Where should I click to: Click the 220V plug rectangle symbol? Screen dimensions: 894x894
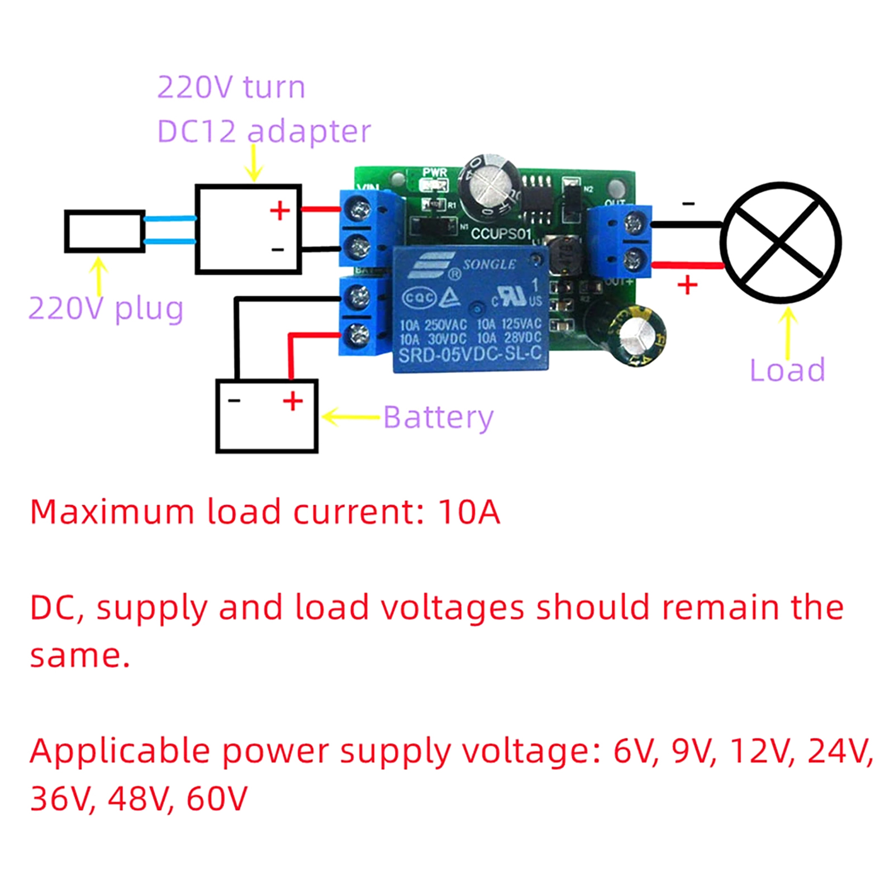pyautogui.click(x=104, y=231)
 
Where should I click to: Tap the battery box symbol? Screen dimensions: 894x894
pyautogui.click(x=267, y=416)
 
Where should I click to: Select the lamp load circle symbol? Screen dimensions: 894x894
pyautogui.click(x=781, y=242)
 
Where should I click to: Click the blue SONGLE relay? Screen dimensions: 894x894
pyautogui.click(x=470, y=308)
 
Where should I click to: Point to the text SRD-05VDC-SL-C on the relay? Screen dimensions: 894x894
pyautogui.click(x=470, y=354)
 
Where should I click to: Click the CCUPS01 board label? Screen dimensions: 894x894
pyautogui.click(x=500, y=234)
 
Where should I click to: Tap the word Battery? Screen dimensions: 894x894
pyautogui.click(x=438, y=417)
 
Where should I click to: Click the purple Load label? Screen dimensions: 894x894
pyautogui.click(x=787, y=370)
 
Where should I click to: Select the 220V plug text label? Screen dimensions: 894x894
pyautogui.click(x=106, y=308)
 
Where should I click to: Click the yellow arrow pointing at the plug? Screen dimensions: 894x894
pyautogui.click(x=99, y=276)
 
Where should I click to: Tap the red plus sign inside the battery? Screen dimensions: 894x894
pyautogui.click(x=293, y=401)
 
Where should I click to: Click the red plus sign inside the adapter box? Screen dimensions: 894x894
pyautogui.click(x=280, y=211)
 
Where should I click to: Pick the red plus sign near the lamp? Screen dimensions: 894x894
pyautogui.click(x=687, y=285)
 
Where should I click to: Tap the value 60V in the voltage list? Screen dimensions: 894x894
pyautogui.click(x=217, y=798)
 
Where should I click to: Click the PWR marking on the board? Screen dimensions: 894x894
pyautogui.click(x=435, y=173)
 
